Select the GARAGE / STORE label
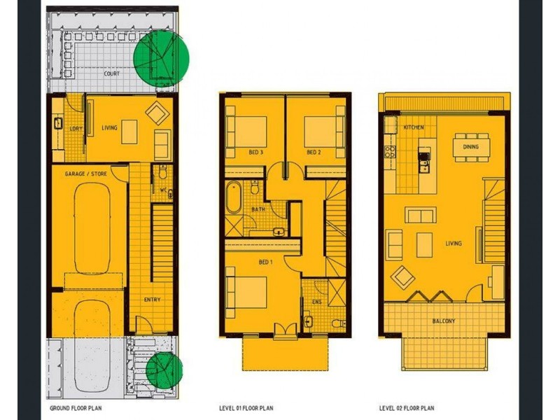click(x=86, y=173)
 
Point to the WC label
click(x=163, y=190)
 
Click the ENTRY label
click(x=153, y=300)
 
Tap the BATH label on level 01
click(x=258, y=209)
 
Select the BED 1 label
click(x=265, y=262)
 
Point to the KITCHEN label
click(x=414, y=128)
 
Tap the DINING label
click(x=471, y=147)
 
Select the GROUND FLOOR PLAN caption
click(x=78, y=407)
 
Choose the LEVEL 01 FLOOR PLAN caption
click(x=246, y=407)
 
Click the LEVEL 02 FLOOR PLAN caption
click(x=407, y=407)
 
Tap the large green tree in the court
click(x=162, y=58)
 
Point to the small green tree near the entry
click(x=164, y=370)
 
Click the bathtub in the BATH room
click(x=234, y=198)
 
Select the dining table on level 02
click(x=471, y=146)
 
